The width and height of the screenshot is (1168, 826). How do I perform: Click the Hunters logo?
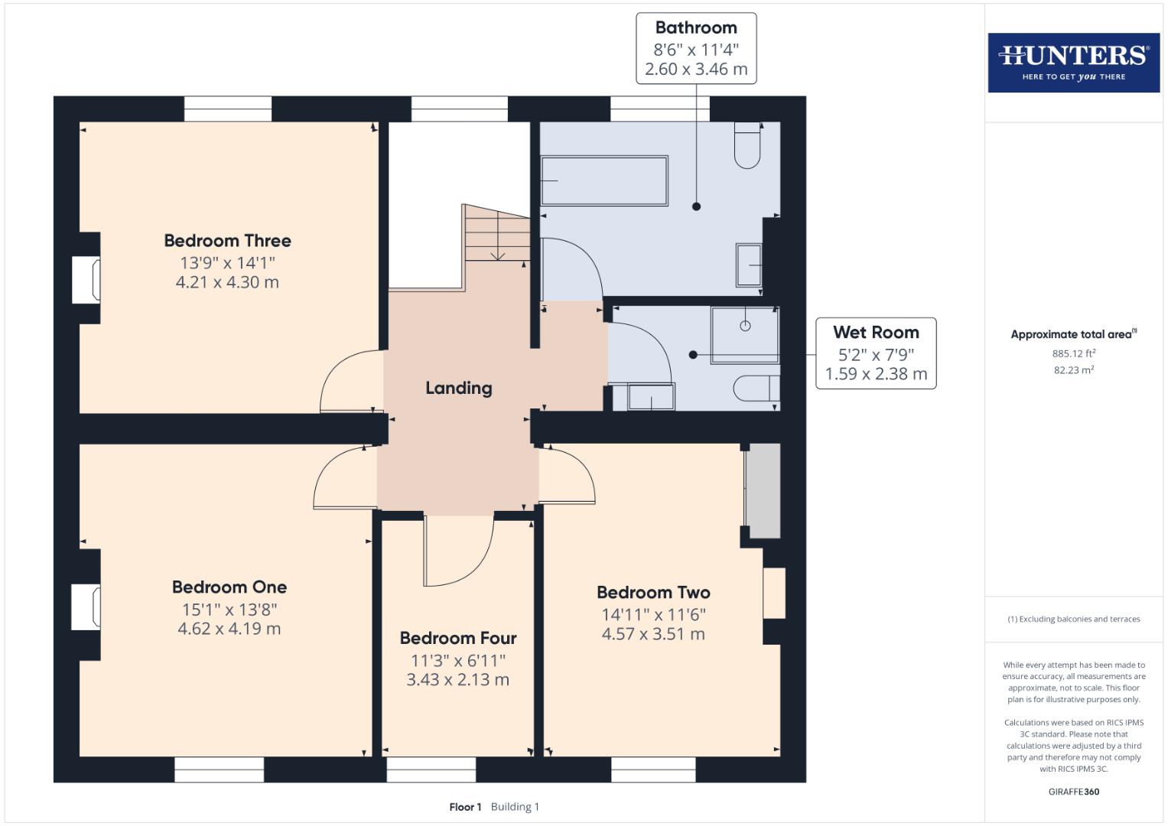pos(1073,62)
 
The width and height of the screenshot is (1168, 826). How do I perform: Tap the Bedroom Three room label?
pos(227,241)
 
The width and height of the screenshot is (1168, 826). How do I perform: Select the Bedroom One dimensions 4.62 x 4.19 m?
pos(229,629)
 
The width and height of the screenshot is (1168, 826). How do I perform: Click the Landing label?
pos(458,388)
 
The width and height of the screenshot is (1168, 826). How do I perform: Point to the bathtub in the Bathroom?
pos(604,181)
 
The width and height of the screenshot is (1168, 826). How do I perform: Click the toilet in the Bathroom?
pos(747,145)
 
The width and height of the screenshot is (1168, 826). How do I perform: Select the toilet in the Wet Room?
pos(756,388)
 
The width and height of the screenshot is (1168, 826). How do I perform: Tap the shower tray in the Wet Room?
pos(745,334)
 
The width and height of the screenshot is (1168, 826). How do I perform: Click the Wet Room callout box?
pos(876,353)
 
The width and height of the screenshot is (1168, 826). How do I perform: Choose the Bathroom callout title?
pos(696,28)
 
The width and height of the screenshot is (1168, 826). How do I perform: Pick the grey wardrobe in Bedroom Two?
pos(763,491)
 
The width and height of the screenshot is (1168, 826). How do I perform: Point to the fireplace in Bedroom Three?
pos(86,280)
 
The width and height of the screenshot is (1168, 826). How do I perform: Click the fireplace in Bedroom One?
pos(86,607)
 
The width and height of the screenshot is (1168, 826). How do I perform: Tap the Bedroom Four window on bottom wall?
pos(431,769)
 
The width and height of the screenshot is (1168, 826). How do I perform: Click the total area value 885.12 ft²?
pos(1073,353)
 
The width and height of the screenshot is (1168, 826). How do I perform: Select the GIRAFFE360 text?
pos(1073,792)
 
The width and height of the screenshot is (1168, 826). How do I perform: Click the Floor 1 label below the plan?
pos(465,807)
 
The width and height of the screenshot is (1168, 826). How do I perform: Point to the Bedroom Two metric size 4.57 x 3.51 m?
pos(653,634)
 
